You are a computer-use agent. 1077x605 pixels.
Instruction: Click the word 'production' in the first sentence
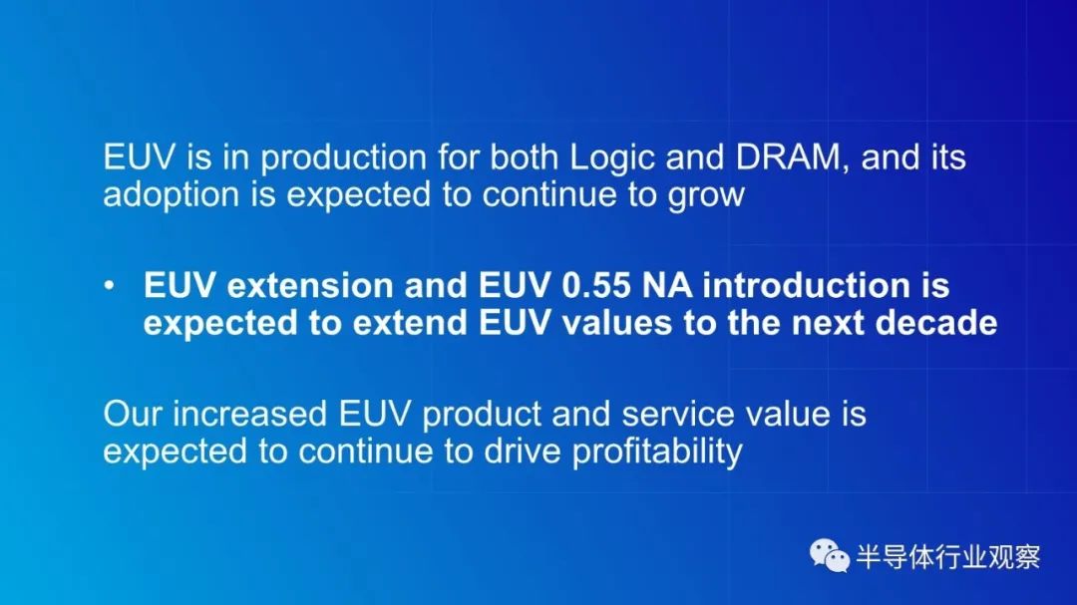pos(343,158)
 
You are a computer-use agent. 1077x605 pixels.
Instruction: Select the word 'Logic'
pos(612,158)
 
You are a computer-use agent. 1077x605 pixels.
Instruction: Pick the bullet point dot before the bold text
pos(110,286)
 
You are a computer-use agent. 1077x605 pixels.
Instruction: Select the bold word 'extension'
pos(310,286)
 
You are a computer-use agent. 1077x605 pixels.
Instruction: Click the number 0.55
pos(595,286)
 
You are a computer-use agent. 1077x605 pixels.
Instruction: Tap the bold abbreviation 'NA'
pos(666,286)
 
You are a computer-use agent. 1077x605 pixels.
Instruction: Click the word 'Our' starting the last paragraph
pos(133,414)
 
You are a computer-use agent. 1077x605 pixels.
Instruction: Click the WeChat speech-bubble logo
pos(829,555)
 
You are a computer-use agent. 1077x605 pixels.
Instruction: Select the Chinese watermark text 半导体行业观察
pos(948,556)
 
